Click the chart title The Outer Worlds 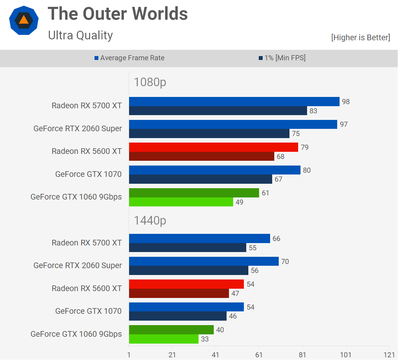click(118, 14)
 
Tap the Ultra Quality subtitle click(80, 35)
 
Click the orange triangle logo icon click(24, 20)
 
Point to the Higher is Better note click(360, 38)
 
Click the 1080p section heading click(150, 82)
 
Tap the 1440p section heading click(150, 221)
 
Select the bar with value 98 click(234, 102)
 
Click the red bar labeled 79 click(213, 147)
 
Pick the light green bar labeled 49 click(181, 202)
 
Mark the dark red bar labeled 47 click(179, 293)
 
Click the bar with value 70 click(204, 261)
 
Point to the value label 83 click(313, 111)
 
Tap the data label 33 click(205, 339)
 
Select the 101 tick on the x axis click(346, 355)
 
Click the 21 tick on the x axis click(172, 355)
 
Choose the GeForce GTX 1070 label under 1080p click(88, 174)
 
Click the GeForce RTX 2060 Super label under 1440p click(78, 265)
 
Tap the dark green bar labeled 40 click(171, 330)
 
